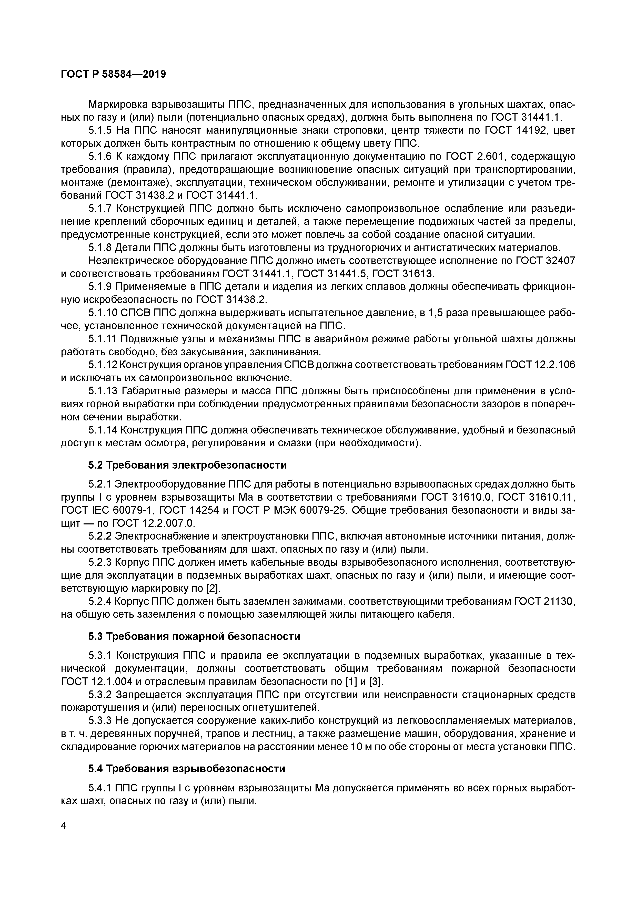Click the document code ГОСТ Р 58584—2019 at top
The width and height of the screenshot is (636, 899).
click(x=113, y=74)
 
